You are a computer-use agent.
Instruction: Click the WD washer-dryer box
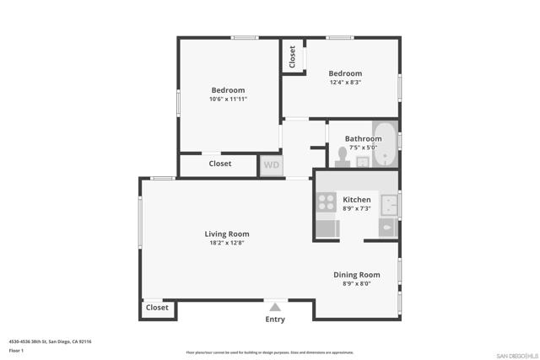(x=271, y=164)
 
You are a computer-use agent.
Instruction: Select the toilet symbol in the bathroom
(x=343, y=157)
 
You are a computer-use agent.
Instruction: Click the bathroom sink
(x=363, y=162)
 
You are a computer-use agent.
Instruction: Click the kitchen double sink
(x=388, y=204)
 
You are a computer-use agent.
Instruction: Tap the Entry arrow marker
(x=275, y=307)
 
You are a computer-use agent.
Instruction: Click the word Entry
(x=275, y=320)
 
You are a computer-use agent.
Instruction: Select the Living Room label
(x=227, y=234)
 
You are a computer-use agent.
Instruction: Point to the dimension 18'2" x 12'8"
(x=227, y=243)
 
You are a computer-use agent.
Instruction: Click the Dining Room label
(x=356, y=274)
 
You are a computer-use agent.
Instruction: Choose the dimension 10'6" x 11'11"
(x=228, y=99)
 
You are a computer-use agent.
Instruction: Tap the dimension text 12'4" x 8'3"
(x=345, y=82)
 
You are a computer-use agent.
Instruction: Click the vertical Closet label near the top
(x=293, y=56)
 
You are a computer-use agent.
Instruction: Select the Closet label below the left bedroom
(x=220, y=164)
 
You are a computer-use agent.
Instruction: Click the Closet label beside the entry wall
(x=158, y=308)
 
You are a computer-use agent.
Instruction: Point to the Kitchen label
(x=356, y=200)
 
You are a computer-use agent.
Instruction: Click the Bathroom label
(x=363, y=138)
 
